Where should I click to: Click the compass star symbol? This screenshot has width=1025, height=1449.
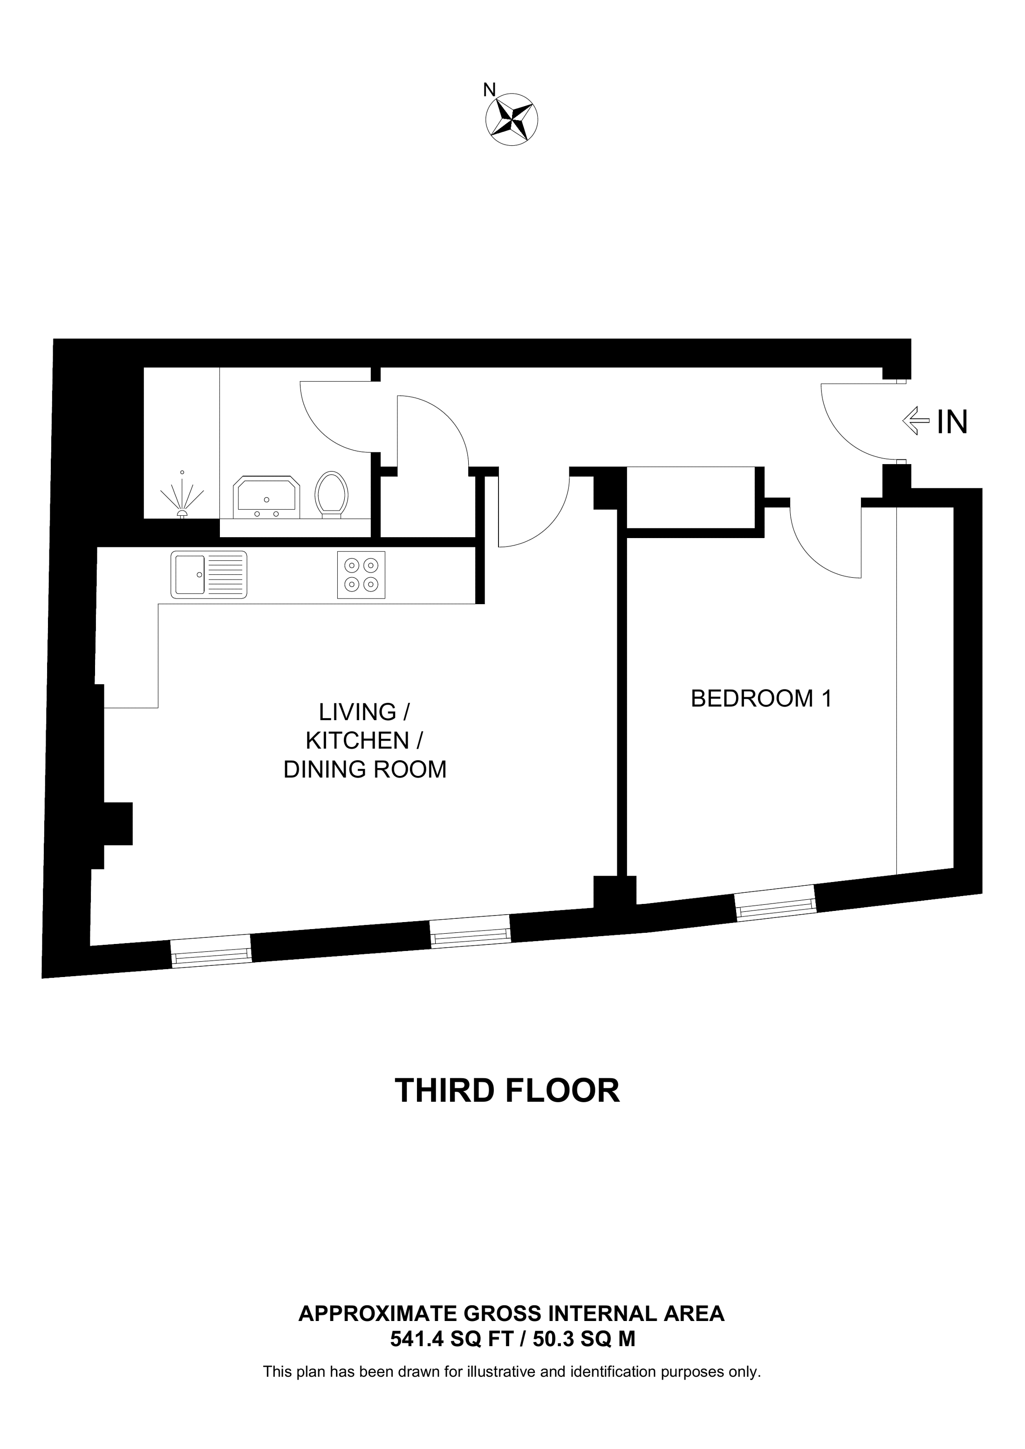tap(512, 119)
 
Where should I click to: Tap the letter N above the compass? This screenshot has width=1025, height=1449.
tap(489, 90)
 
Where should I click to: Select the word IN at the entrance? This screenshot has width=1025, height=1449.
tap(952, 422)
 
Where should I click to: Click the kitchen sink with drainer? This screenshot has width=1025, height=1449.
tap(208, 574)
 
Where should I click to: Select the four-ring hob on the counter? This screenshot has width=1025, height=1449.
tap(361, 574)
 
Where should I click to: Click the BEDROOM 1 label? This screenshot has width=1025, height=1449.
tap(761, 699)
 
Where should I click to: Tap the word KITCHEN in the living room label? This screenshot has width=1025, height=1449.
tap(357, 740)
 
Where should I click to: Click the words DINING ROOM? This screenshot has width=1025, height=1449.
tap(364, 769)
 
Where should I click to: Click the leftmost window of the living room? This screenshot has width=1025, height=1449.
tap(212, 956)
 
